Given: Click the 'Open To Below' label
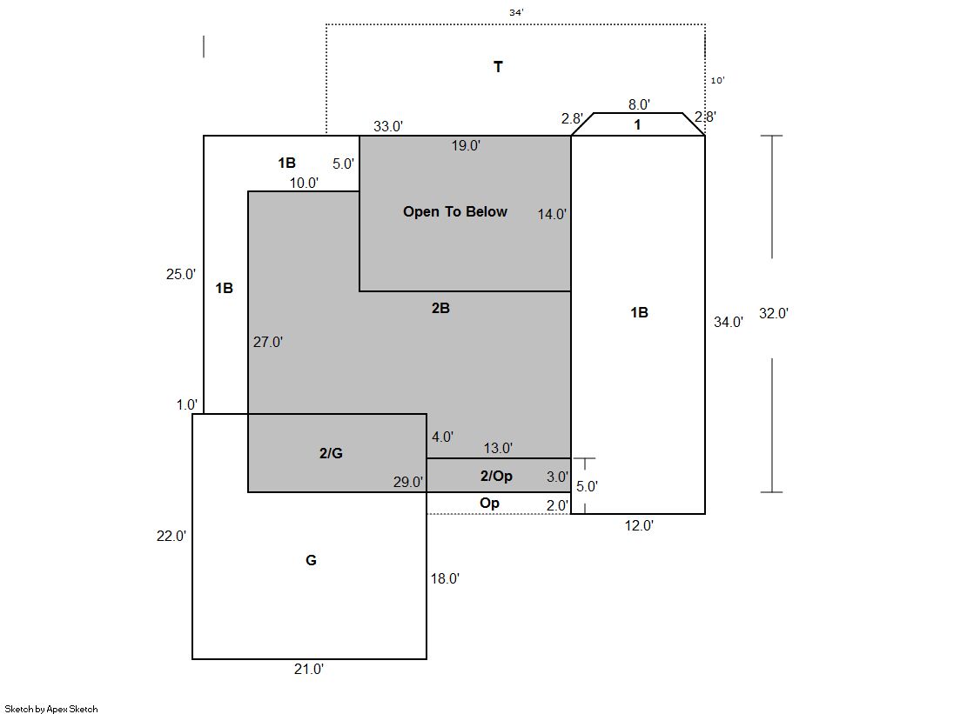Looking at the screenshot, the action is click(454, 211).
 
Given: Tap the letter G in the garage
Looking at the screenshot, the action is click(312, 560).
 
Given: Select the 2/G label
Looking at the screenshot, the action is click(331, 453).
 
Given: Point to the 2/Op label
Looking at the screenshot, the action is click(496, 477).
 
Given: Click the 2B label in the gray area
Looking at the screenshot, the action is click(440, 308).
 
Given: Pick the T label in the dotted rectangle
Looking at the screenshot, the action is click(498, 67).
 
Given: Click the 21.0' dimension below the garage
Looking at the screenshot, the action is click(309, 669).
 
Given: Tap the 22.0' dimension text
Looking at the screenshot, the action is click(171, 536).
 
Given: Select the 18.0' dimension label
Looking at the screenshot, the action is click(446, 578).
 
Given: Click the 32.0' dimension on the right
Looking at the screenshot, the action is click(773, 314).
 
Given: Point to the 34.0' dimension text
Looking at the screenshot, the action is click(728, 323).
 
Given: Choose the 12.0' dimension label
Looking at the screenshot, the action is click(639, 526).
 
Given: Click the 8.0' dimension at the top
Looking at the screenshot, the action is click(639, 104).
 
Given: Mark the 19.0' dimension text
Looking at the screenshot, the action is click(466, 145).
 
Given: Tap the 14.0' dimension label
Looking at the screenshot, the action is click(552, 214).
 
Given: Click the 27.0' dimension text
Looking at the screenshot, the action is click(268, 342).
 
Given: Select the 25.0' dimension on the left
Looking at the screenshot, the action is click(181, 275).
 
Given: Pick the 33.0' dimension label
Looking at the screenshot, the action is click(388, 127).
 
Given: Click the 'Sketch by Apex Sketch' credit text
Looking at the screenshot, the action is click(51, 709).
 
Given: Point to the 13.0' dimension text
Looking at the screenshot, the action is click(498, 448).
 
